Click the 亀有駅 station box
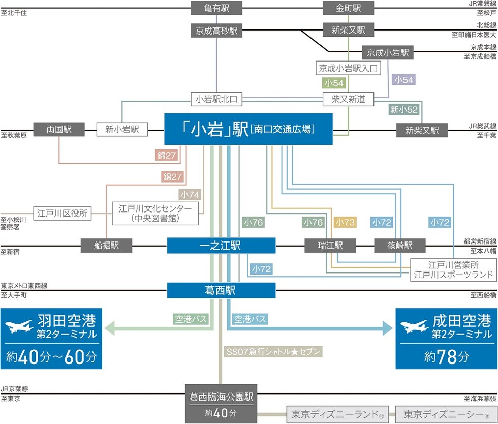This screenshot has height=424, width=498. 216,8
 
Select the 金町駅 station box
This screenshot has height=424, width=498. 348,8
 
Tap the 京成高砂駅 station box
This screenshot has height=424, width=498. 216,31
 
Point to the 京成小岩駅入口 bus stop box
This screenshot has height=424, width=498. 348,68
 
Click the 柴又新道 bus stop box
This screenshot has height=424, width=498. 348,99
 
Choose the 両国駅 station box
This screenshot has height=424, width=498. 59,130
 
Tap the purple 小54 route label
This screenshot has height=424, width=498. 403,80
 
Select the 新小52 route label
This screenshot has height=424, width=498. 404,109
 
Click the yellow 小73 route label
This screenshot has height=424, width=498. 345,222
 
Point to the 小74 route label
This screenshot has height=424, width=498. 190,194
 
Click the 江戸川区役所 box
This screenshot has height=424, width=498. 63,214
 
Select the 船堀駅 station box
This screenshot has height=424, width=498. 106,246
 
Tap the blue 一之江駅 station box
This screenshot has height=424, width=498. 221,246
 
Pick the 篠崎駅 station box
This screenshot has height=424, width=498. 400,246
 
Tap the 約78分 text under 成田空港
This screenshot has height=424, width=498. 447,357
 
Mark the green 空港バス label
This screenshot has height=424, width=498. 191,319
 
